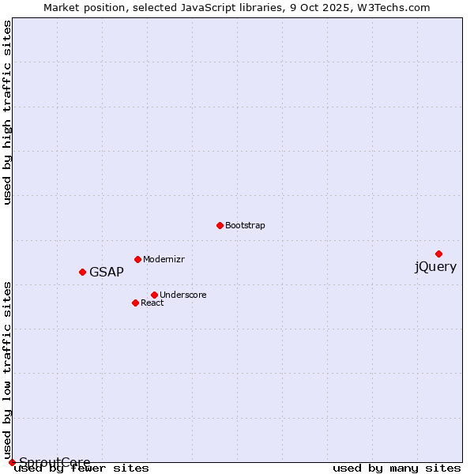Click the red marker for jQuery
[x=438, y=254]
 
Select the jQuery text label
[x=435, y=267]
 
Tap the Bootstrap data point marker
[x=220, y=225]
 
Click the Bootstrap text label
[x=245, y=226]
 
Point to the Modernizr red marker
[x=137, y=259]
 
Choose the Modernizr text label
[x=164, y=260]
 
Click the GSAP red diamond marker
[x=82, y=272]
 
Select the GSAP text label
[x=107, y=273]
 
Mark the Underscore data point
[x=154, y=295]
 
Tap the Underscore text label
[x=182, y=295]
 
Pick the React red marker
[x=135, y=303]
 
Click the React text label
[x=152, y=303]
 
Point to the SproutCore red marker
[x=12, y=462]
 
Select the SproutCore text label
[x=55, y=462]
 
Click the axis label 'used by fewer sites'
[x=81, y=468]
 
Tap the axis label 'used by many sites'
[x=397, y=468]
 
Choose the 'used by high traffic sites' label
[x=8, y=113]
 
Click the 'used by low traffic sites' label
[x=8, y=370]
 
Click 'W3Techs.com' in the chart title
[x=393, y=8]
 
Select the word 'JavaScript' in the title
[x=213, y=8]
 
